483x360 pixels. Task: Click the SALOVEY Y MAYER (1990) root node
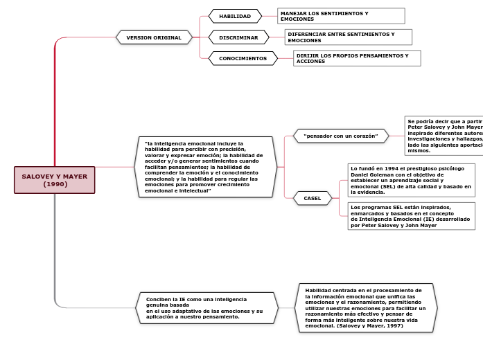(x=54, y=180)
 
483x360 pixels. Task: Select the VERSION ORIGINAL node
(x=154, y=37)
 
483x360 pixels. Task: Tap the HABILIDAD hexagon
(x=235, y=16)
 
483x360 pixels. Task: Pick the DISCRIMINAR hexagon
(x=238, y=37)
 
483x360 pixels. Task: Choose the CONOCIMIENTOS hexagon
(x=243, y=59)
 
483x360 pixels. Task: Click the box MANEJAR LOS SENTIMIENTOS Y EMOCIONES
(x=341, y=16)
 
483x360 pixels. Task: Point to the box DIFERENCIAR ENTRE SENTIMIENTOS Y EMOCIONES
(x=348, y=37)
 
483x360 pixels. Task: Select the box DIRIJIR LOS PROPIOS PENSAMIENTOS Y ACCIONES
(x=357, y=58)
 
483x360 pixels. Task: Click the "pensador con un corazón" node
(x=340, y=136)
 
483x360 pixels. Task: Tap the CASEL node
(x=313, y=198)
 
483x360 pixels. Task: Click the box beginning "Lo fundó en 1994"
(x=411, y=180)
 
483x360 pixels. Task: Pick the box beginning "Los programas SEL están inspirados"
(x=411, y=215)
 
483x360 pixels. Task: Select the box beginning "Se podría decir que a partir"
(x=444, y=136)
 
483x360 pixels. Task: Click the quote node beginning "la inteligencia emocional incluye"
(x=206, y=167)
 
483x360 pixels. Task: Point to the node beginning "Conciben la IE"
(x=207, y=308)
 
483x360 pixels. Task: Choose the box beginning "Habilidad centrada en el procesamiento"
(x=366, y=308)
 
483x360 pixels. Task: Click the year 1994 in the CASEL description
(x=392, y=168)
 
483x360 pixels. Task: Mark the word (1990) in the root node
(x=55, y=184)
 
